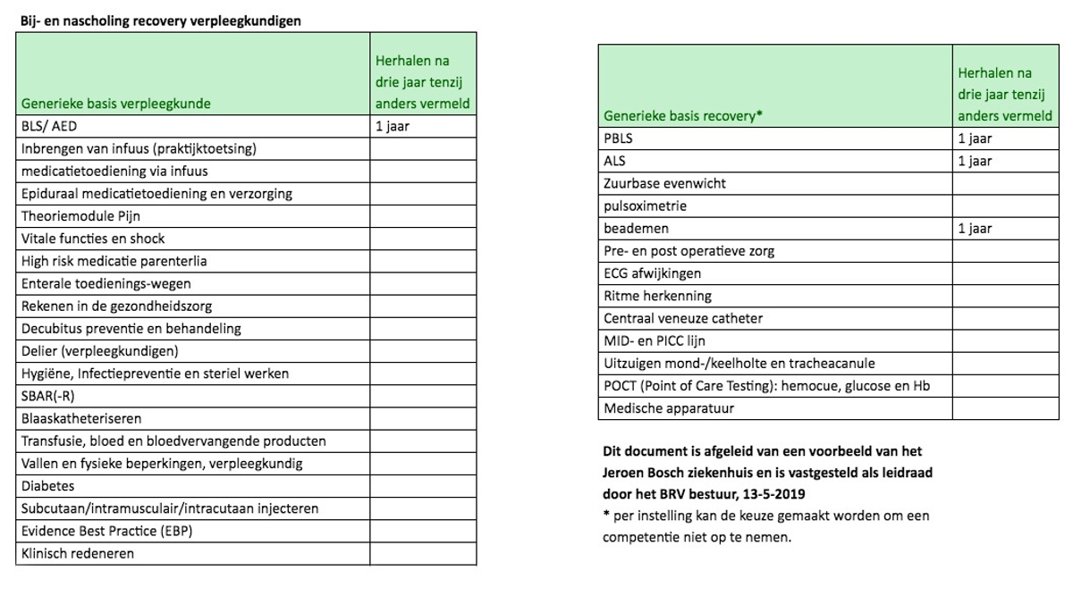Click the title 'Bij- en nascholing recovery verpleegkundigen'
tap(160, 21)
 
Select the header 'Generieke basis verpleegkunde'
tap(116, 104)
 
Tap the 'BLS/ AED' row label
tap(49, 127)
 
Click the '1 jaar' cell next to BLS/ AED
tap(393, 127)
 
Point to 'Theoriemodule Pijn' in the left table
tap(81, 216)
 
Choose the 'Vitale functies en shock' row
tap(93, 239)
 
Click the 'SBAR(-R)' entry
tap(50, 396)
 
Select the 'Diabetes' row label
tap(48, 486)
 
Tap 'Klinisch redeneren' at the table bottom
tap(78, 554)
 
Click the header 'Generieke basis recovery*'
tap(683, 116)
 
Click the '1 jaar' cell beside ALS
tap(975, 161)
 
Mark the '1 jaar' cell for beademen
tap(975, 229)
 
